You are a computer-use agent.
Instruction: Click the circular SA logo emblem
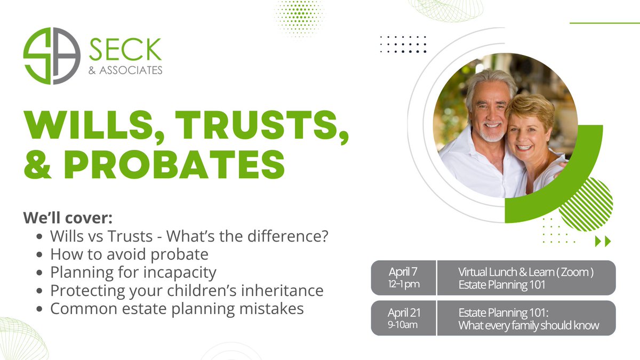pos(52,56)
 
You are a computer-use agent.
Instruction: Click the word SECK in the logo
pos(125,50)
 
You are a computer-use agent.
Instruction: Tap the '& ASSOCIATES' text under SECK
pos(126,70)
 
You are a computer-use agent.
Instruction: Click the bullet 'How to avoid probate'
pos(129,254)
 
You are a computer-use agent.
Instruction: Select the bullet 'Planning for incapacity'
pos(133,273)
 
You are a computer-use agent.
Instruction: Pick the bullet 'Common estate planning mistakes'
pos(177,308)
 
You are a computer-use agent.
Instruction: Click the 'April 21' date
pos(403,311)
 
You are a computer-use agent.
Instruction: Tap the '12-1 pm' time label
pos(403,284)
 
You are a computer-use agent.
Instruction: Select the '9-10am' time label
pos(403,324)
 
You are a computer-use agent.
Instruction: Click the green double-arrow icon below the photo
pos(603,241)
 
